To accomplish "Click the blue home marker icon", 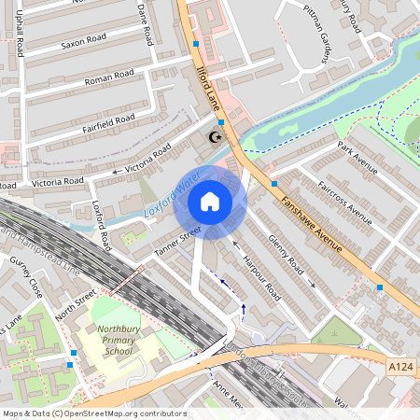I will [209, 202].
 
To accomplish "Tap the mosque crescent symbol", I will [216, 138].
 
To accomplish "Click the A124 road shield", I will [401, 370].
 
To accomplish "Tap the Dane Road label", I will [146, 22].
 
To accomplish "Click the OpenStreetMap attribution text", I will [93, 413].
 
